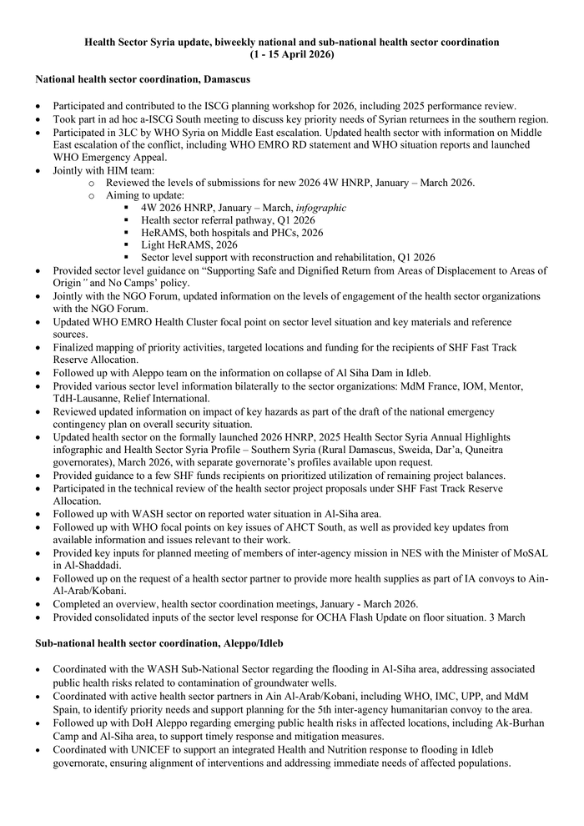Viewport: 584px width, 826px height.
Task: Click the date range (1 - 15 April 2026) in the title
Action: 292,54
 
